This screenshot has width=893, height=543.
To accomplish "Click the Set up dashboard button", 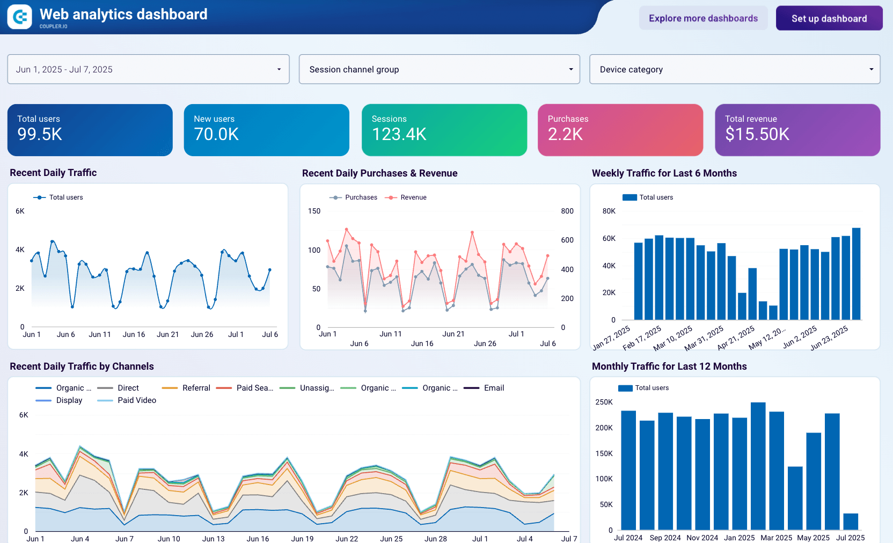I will (x=829, y=18).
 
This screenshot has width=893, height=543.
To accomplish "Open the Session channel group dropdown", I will (x=439, y=69).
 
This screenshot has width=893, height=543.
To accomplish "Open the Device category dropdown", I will (x=734, y=69).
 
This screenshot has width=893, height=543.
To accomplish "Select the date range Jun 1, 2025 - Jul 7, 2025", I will (x=148, y=69).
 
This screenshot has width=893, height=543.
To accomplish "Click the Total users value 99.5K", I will (x=40, y=134).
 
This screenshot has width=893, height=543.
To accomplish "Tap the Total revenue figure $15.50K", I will (x=757, y=134).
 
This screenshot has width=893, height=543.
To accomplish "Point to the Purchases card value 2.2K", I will (x=565, y=134).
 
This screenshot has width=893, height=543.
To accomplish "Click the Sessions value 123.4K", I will (x=399, y=134).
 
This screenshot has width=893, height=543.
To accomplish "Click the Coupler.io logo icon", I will (x=20, y=17).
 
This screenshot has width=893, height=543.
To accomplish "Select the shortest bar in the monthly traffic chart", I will (x=850, y=522).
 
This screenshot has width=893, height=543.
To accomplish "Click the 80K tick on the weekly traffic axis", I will (x=609, y=211).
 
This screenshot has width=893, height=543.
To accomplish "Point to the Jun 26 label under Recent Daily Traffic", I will (x=202, y=334).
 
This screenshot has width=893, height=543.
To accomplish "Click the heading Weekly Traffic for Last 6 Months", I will (x=664, y=173).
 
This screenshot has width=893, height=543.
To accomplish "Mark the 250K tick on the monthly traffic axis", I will (x=604, y=402).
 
